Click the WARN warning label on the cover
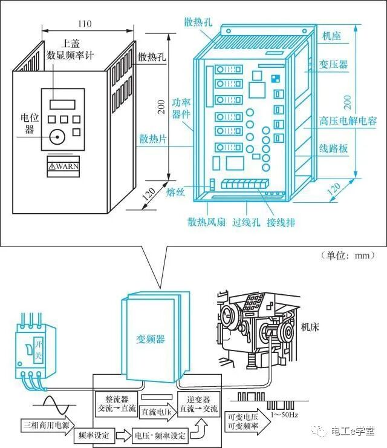63,166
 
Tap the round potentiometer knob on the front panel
57,137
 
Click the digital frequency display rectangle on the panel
62,105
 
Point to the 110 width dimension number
85,24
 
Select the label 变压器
333,64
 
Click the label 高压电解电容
348,121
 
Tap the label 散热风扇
206,222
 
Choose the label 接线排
281,222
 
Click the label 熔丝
175,193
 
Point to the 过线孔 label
246,222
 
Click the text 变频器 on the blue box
151,339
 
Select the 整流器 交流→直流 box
117,404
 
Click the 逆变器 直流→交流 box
198,404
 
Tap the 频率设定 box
94,435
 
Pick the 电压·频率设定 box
160,435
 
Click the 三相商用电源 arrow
48,425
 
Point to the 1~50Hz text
284,415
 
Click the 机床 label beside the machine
310,327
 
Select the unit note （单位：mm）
348,255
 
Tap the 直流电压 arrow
158,412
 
